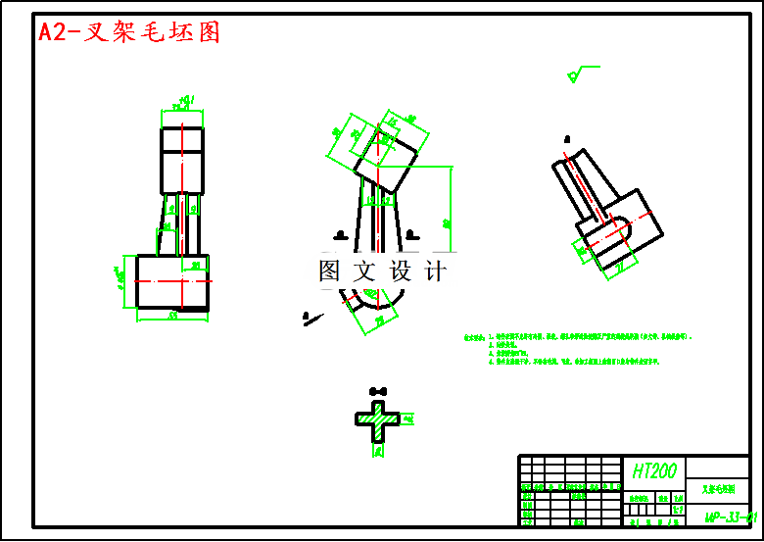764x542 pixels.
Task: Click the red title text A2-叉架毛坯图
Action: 129,32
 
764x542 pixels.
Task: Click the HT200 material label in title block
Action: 653,471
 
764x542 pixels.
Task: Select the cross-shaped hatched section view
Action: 377,419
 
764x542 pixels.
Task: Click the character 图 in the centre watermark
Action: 330,271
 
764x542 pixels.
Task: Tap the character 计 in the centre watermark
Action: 435,271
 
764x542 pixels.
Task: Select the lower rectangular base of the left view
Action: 172,282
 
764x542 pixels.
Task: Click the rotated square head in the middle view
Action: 384,159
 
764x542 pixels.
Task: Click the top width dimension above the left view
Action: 182,101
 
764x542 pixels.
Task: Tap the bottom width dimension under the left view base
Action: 172,316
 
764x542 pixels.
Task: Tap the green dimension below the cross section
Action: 378,452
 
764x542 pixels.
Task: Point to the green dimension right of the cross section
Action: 409,419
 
